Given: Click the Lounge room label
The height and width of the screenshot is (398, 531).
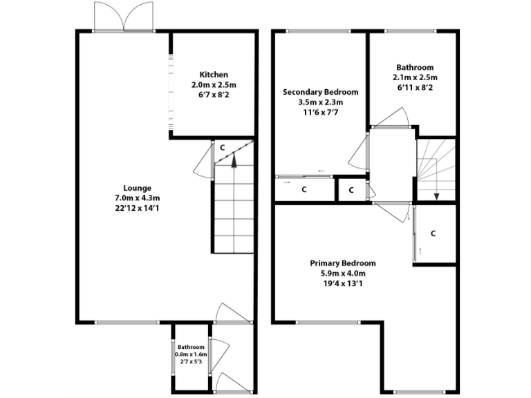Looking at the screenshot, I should point(138,188).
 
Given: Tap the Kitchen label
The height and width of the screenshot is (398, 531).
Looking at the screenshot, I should point(214,75).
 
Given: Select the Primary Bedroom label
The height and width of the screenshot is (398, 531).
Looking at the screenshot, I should point(343,263).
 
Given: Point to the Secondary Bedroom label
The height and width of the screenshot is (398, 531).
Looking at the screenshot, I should point(321,93).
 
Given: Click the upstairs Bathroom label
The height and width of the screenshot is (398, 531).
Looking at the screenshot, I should point(415,68).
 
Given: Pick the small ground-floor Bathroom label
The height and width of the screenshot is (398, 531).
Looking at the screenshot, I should point(190,347).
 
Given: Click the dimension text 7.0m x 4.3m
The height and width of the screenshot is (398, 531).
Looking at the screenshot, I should point(138,198).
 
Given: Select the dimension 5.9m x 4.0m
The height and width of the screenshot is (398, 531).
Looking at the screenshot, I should point(343,273).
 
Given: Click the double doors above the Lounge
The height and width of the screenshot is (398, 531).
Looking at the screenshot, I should point(123,17).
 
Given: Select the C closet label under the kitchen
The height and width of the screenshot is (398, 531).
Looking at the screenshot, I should point(222,147).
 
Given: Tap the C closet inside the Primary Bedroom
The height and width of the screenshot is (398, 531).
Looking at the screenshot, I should point(434,234).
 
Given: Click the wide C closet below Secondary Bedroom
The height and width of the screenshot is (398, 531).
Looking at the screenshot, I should point(304,189).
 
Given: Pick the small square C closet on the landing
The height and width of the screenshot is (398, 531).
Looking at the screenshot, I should point(351,189).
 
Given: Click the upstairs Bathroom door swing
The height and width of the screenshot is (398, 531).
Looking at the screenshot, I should point(392,118).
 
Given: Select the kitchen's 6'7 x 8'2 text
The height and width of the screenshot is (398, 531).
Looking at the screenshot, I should point(214,94).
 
